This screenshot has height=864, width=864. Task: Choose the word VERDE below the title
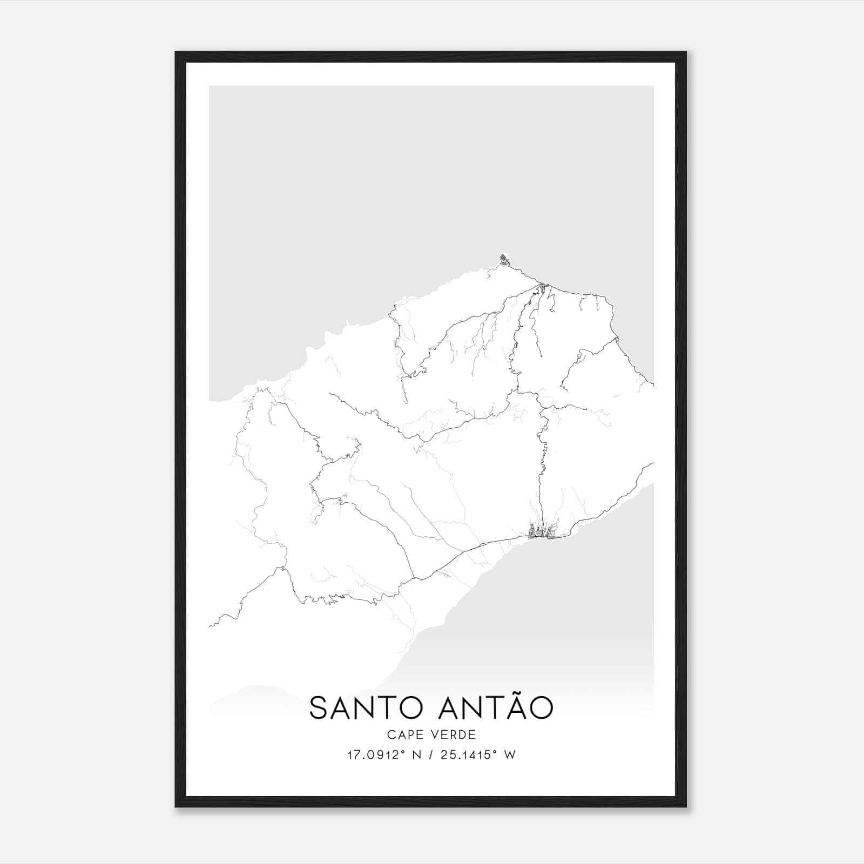[455, 735]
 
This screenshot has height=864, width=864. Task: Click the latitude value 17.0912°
[376, 754]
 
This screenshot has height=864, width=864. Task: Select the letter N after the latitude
[417, 755]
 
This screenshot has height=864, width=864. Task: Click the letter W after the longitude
[510, 755]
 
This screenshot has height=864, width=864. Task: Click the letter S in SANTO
[319, 708]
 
